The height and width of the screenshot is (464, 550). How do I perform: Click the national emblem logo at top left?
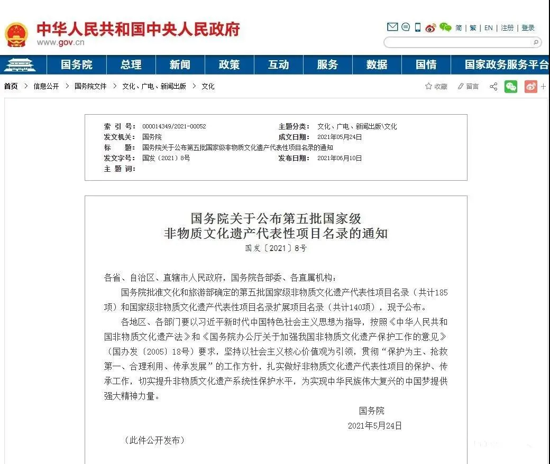(x=16, y=34)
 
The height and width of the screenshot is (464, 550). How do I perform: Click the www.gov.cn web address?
(x=60, y=43)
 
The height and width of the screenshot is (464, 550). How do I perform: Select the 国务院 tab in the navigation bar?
(x=76, y=65)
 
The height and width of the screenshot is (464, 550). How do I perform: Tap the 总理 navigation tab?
(x=131, y=65)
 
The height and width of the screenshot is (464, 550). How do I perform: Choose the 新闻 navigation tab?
(x=180, y=65)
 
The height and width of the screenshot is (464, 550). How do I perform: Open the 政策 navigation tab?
(x=229, y=65)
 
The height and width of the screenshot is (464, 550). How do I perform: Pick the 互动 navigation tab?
(x=278, y=65)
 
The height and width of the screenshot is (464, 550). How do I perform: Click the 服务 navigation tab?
(x=327, y=65)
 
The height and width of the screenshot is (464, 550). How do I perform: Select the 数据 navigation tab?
(x=377, y=65)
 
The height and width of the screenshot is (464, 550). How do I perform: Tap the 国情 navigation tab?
(x=426, y=65)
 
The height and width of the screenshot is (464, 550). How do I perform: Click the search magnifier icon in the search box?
(x=535, y=42)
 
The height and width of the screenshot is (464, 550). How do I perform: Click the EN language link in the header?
(x=488, y=28)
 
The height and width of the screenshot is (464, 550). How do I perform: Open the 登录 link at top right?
(x=528, y=28)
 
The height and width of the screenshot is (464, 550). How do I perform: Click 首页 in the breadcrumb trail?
(x=11, y=86)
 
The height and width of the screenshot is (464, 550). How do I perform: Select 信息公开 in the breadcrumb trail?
(x=46, y=86)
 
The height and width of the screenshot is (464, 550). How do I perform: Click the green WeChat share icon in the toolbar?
(x=510, y=86)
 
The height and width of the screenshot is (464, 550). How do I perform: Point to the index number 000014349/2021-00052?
(x=174, y=127)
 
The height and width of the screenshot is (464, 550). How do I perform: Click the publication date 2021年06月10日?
(x=339, y=158)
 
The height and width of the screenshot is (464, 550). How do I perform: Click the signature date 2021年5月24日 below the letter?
(x=374, y=425)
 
